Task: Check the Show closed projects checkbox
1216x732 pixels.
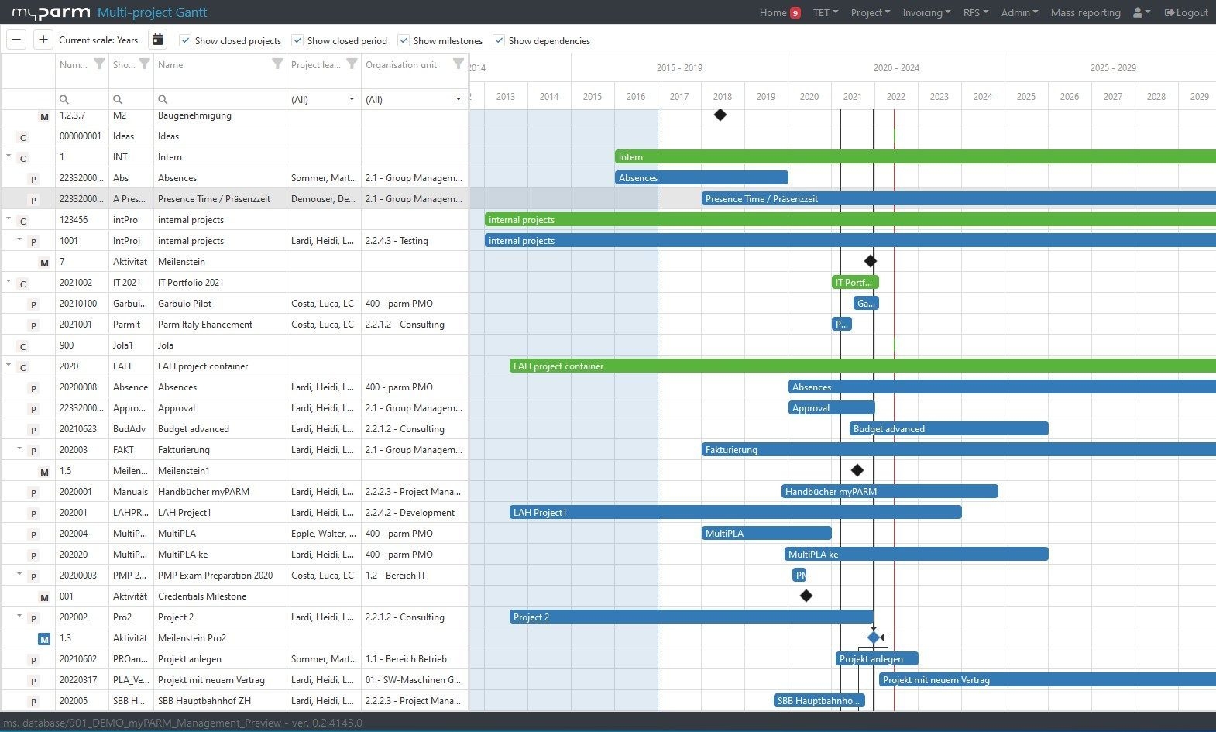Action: [x=185, y=40]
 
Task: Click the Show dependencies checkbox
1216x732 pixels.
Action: [x=499, y=40]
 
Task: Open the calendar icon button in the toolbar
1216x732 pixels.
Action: [x=157, y=40]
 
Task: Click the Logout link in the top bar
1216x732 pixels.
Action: [x=1186, y=12]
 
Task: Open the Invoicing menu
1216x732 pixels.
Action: [x=926, y=12]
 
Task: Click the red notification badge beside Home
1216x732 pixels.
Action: [x=795, y=13]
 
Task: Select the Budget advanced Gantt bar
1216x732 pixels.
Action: [x=949, y=428]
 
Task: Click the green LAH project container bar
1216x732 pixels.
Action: [x=852, y=366]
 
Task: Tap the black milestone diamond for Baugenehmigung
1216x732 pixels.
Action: [x=720, y=115]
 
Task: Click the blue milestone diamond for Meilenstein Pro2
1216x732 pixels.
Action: [x=874, y=637]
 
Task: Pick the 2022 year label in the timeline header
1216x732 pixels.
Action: [x=895, y=96]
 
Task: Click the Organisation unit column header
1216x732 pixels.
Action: [x=401, y=65]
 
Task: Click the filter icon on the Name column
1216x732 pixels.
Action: [x=277, y=64]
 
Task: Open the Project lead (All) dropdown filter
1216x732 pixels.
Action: [x=323, y=99]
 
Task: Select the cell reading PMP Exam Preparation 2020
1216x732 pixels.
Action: [x=215, y=575]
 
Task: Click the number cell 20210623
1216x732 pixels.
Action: [x=78, y=428]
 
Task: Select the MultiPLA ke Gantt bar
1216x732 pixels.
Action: [x=916, y=554]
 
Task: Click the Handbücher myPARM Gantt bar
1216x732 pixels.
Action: [x=889, y=491]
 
